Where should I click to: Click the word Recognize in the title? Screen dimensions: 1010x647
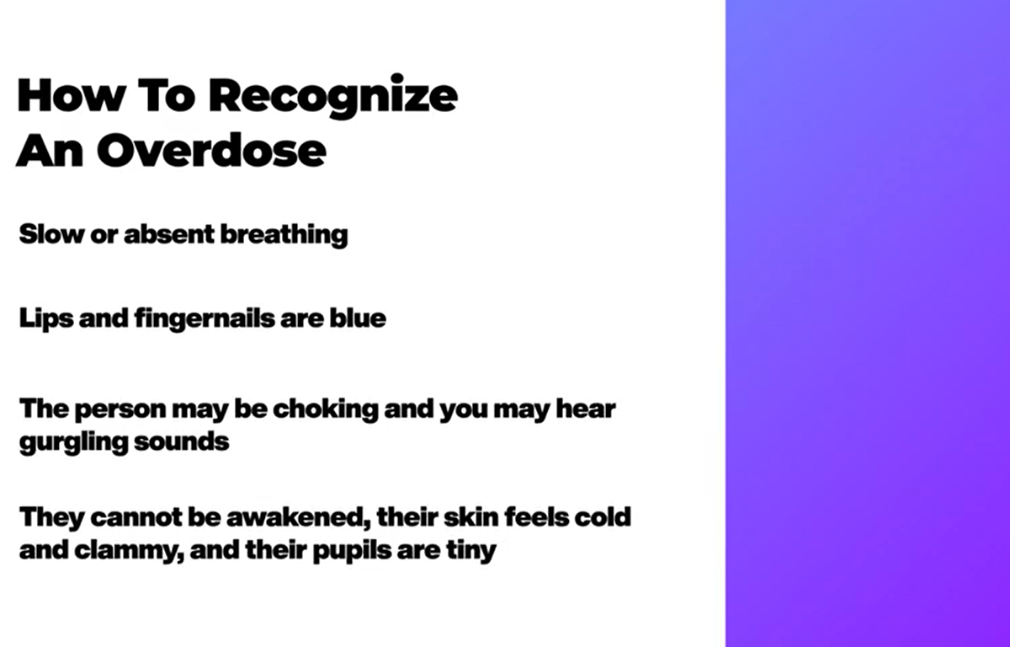[x=333, y=96]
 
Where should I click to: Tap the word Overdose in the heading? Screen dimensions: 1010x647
[x=211, y=150]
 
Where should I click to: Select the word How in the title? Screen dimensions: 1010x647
[x=72, y=95]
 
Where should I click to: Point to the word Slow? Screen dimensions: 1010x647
[x=51, y=234]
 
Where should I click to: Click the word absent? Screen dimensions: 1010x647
[x=169, y=234]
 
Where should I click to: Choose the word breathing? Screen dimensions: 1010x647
[x=284, y=235]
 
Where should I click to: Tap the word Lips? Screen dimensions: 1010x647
[x=46, y=319]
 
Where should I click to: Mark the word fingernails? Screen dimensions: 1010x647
[x=205, y=318]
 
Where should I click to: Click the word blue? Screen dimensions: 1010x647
[x=358, y=318]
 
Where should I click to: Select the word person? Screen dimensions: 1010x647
[x=120, y=409]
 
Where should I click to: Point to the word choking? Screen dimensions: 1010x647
[x=326, y=409]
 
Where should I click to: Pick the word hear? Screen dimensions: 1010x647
[x=586, y=409]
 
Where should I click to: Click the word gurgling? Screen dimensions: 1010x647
[x=74, y=442]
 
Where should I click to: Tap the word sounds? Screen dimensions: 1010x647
[x=182, y=441]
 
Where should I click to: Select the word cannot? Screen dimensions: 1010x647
[x=136, y=517]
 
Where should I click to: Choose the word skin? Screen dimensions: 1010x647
[x=471, y=516]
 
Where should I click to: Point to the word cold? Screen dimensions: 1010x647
[x=603, y=516]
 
